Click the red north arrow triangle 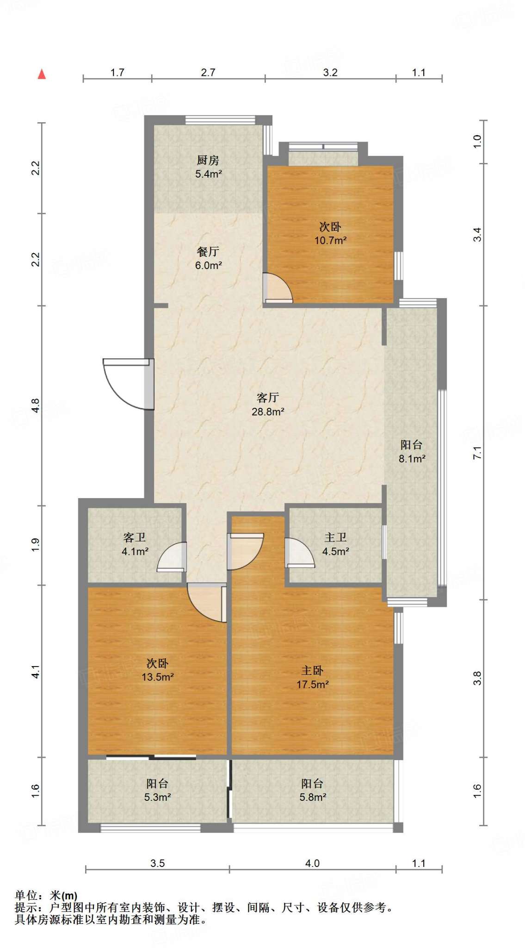pos(42,74)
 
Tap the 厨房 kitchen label pos(208,160)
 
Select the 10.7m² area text pos(331,241)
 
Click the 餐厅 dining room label pos(208,251)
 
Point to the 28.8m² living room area pos(268,412)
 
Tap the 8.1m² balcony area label pos(412,459)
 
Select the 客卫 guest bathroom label pos(135,537)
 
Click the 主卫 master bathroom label pos(335,537)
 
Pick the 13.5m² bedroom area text pos(158,677)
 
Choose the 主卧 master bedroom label pos(312,670)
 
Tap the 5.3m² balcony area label pos(158,797)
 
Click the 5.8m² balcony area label pos(313,797)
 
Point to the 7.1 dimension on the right pos(477,452)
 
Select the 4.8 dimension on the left pos(36,406)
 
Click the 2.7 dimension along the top pos(208,72)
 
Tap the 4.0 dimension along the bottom pos(312,863)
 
